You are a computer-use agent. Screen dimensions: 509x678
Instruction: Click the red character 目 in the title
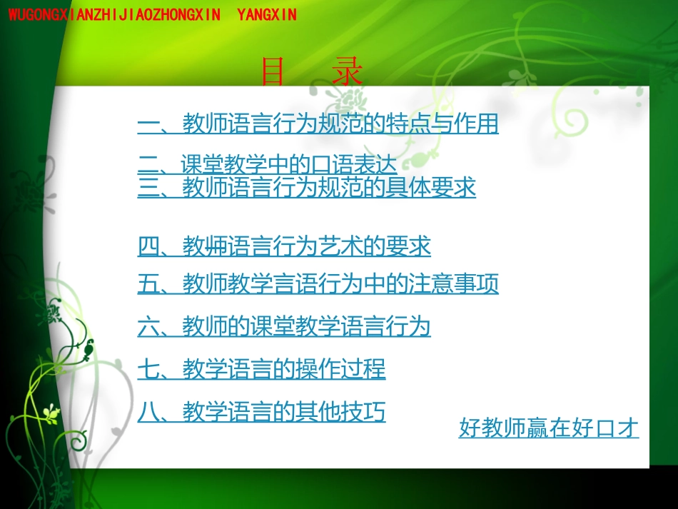(273, 72)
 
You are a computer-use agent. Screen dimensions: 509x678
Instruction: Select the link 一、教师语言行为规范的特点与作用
(318, 124)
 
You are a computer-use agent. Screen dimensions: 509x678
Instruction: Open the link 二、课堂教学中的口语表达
(267, 166)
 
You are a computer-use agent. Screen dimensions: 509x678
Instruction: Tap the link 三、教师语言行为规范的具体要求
(306, 188)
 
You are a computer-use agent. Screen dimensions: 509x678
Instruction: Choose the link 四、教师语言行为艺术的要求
(284, 247)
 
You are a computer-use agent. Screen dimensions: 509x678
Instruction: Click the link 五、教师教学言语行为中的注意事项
(318, 284)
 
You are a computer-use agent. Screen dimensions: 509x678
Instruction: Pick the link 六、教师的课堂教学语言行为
(284, 327)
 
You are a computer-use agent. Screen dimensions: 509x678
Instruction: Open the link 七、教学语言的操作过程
(261, 369)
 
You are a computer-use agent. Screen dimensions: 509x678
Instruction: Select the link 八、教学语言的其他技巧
(261, 412)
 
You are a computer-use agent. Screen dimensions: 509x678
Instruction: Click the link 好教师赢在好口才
(548, 428)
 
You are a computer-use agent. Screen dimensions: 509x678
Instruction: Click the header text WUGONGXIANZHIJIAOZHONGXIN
(114, 14)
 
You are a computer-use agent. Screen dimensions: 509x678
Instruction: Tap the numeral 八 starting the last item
(148, 412)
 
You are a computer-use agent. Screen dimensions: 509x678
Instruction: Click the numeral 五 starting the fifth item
(148, 284)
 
